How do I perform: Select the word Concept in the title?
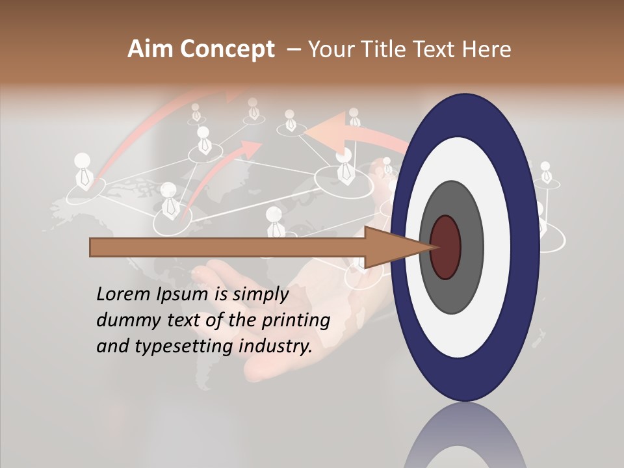(227, 49)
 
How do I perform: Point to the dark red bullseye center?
(446, 248)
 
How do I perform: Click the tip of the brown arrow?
(434, 248)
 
